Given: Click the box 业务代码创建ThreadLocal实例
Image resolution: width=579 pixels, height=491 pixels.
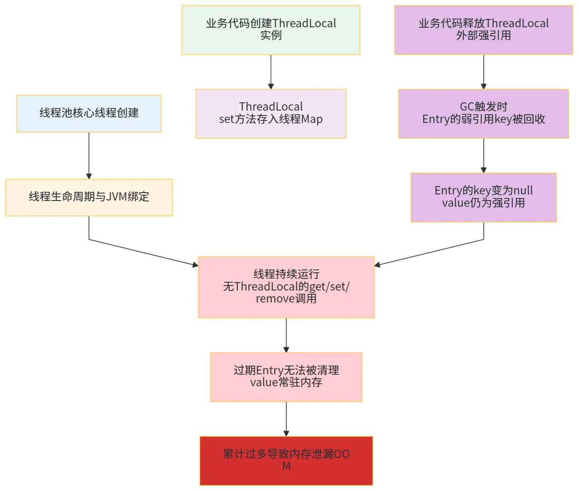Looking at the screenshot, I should coord(271,30).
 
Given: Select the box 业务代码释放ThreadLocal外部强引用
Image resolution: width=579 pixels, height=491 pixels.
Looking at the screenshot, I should coord(483,30).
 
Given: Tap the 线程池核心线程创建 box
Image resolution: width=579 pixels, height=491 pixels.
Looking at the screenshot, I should coord(89,114).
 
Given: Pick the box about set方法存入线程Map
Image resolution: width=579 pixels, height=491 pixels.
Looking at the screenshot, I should coord(271,113).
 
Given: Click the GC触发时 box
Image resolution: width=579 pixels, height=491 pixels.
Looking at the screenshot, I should coord(484,113).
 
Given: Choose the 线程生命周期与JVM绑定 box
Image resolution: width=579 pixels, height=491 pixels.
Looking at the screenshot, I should coord(89,197).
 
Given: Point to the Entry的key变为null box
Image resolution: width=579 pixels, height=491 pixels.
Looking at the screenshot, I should coord(483,198).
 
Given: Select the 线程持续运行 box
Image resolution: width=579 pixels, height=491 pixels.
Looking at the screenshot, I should coord(286,287).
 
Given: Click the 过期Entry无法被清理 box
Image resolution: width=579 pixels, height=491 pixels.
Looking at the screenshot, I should coord(286,376).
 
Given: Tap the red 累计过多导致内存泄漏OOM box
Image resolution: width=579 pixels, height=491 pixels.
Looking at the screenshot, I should coord(286,460).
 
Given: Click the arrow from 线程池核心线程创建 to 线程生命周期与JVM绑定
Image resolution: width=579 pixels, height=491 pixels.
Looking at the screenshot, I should coord(89,155).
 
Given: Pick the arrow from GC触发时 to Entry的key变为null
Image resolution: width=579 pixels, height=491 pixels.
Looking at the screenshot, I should coord(483,155).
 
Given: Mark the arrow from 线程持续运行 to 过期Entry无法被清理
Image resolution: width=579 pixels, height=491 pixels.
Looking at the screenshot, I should coord(286,335).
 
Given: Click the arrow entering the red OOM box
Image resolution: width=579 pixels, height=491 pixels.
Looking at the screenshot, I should coord(286,419).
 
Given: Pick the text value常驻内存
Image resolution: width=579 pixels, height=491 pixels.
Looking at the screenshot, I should coord(286,383).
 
